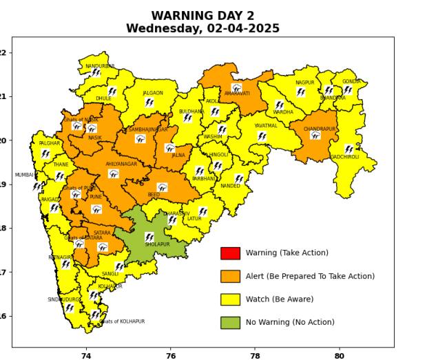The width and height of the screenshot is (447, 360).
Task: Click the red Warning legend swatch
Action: pos(230,253)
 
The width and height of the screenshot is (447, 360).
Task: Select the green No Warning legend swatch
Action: pos(230,322)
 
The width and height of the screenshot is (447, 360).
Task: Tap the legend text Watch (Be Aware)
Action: pos(279,299)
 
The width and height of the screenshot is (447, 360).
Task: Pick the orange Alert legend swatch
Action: pos(230,276)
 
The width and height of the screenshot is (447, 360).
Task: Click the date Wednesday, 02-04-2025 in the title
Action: pos(202,28)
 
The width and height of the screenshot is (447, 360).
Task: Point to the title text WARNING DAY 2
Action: pos(202,15)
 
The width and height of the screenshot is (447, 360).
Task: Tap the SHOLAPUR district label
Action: pos(157,244)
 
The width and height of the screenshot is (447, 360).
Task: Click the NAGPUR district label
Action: pos(304,83)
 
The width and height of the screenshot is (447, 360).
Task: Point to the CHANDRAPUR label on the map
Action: pos(319,129)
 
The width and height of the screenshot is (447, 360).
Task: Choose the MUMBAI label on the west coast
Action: pos(24,175)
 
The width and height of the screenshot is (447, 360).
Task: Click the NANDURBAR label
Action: pos(100,66)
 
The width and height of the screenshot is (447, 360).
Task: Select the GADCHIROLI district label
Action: pos(344,157)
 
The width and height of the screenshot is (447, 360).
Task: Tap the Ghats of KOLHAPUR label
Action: pos(123,321)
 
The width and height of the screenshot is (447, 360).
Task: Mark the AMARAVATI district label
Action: pos(237,94)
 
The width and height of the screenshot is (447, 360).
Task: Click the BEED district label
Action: pos(154,195)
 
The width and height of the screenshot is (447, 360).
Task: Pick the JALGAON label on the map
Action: pos(153,93)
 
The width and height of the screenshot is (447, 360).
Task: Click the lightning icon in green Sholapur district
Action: pos(149,237)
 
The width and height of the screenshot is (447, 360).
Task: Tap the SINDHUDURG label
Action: pos(63,299)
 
